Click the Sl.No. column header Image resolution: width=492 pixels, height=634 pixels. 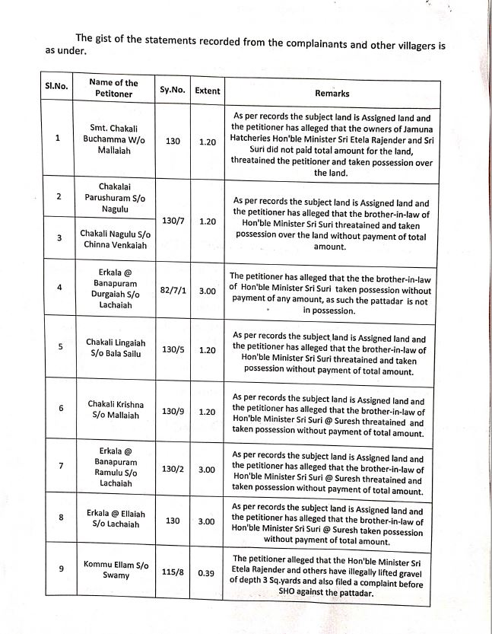tap(56, 86)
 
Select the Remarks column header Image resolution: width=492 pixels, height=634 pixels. tap(332, 94)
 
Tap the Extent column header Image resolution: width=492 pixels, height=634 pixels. tap(208, 91)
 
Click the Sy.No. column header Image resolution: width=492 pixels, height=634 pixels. tap(172, 91)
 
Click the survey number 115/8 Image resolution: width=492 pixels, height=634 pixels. tap(174, 572)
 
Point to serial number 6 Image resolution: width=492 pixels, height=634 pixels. tap(59, 408)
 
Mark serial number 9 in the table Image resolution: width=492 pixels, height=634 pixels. tap(59, 569)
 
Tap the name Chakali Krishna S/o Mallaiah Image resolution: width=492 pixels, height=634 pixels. tap(116, 409)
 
